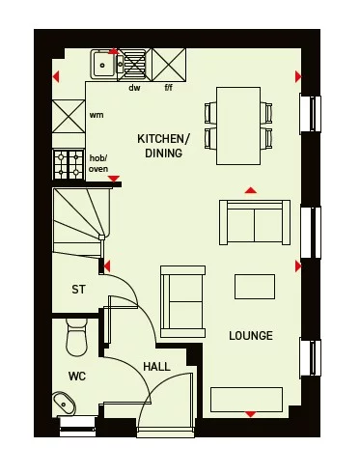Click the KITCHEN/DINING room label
click(163, 146)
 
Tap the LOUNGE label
click(251, 336)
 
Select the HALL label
click(157, 367)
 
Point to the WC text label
click(77, 376)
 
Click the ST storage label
click(79, 290)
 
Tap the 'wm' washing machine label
click(97, 115)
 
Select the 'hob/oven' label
click(98, 163)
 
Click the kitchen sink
click(102, 65)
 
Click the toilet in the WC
click(74, 337)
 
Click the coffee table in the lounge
click(255, 287)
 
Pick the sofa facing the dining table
click(253, 223)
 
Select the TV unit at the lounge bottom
click(247, 398)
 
